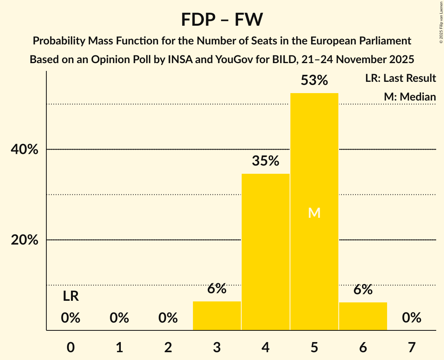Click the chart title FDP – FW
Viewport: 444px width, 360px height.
222,19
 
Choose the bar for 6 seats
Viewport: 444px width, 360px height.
363,316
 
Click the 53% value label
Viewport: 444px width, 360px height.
314,81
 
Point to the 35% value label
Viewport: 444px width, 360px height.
265,161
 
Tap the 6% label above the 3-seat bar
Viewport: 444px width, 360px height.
217,289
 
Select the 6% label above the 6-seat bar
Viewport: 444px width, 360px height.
363,289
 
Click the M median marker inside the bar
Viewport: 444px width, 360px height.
314,213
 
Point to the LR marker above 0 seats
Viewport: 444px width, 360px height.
71,296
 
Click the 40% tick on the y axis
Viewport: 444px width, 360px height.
25,150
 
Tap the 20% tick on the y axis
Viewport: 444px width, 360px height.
25,240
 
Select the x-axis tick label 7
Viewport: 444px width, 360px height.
412,347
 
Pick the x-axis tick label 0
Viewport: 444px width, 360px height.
71,347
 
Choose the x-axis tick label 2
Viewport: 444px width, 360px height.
168,347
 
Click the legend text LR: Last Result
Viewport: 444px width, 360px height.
400,78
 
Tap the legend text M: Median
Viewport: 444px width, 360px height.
410,97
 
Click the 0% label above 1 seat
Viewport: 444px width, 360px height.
119,318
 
